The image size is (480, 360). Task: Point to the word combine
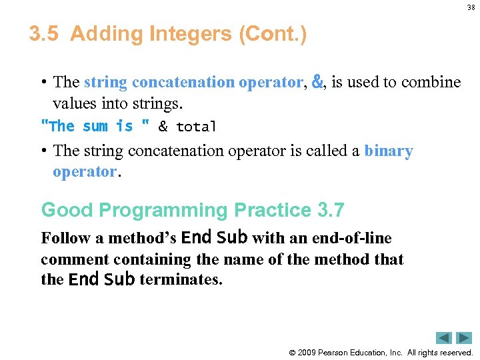(x=432, y=82)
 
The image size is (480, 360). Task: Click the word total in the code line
(x=196, y=126)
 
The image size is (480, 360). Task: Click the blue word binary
(x=389, y=151)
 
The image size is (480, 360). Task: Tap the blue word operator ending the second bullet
(x=84, y=171)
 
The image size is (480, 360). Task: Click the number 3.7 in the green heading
(x=331, y=211)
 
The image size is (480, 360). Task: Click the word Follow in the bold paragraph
(x=65, y=238)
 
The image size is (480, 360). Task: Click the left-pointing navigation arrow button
(x=444, y=338)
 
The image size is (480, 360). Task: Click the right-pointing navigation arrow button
(x=464, y=338)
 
